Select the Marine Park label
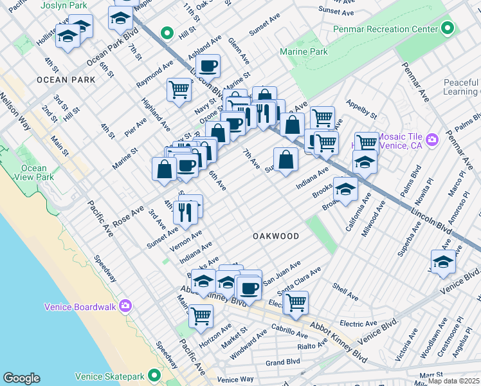(304, 52)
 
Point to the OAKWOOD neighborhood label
(275, 236)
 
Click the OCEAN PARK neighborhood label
(66, 80)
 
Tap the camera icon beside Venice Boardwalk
(125, 306)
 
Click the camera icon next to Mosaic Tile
(431, 139)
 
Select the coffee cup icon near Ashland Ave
(208, 66)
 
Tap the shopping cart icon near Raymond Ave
(179, 89)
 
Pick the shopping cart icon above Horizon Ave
(201, 316)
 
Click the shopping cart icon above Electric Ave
(296, 302)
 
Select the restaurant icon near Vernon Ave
(185, 212)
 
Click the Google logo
(21, 378)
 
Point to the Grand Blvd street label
(284, 362)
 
